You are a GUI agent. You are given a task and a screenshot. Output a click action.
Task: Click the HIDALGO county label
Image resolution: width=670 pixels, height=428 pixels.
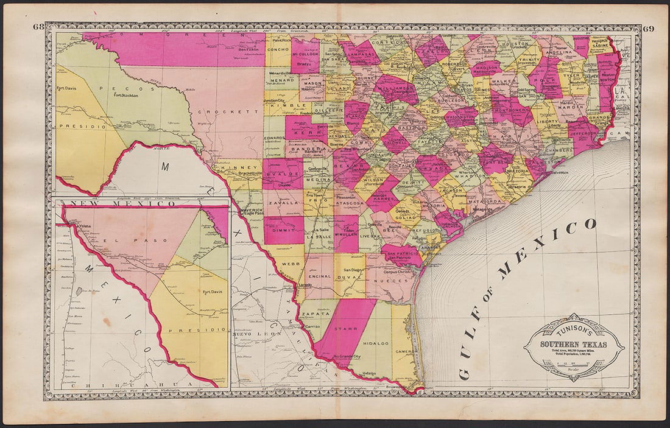(x=376, y=343)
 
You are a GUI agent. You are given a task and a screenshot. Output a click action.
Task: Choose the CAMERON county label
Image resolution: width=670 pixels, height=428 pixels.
(x=404, y=351)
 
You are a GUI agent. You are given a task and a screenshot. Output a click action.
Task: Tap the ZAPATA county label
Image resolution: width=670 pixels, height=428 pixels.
(x=316, y=314)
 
